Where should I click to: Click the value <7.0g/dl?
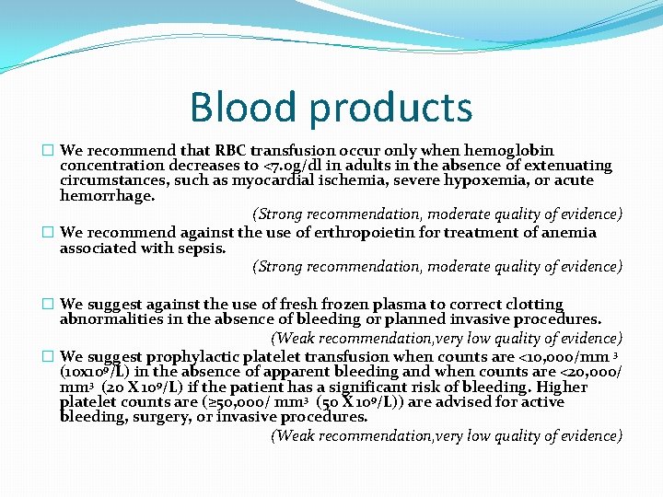pyautogui.click(x=295, y=166)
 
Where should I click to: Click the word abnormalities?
pyautogui.click(x=119, y=319)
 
